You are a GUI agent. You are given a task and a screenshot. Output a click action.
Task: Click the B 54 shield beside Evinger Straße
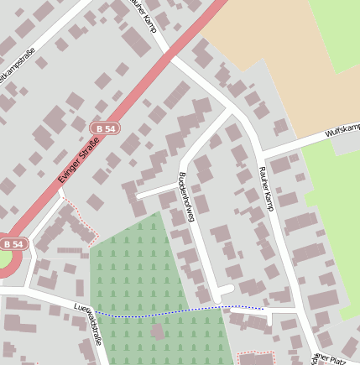(x=105, y=128)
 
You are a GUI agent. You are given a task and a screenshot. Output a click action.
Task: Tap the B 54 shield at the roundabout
(x=13, y=243)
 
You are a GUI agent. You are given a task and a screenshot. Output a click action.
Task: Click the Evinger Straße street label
(x=80, y=159)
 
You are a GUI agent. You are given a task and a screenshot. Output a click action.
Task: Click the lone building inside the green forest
(x=157, y=332)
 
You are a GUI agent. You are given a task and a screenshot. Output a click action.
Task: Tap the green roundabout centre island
(x=4, y=262)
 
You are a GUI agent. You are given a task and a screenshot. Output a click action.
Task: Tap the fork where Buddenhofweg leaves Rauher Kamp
(x=232, y=110)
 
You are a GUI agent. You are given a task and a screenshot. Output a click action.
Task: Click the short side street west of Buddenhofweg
(x=155, y=190)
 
